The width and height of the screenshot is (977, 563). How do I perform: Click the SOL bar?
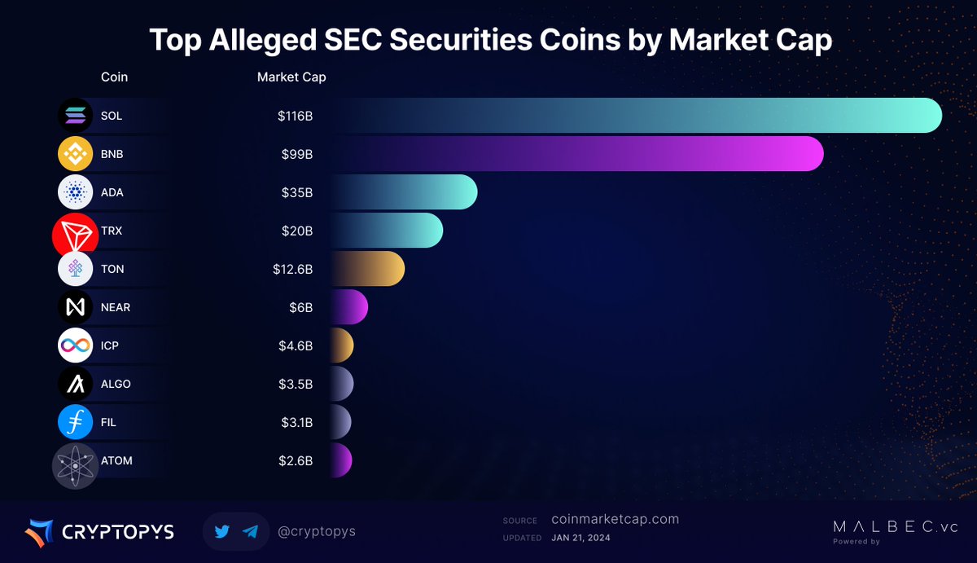(x=635, y=115)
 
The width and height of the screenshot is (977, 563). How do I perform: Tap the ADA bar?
(x=403, y=192)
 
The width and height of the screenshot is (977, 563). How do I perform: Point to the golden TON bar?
(x=367, y=269)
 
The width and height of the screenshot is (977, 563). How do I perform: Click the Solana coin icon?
(x=76, y=115)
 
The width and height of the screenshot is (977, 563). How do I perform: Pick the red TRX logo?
(x=75, y=234)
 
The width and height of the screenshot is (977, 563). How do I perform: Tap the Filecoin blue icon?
(x=76, y=422)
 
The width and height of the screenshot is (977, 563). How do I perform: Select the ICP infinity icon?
(x=76, y=345)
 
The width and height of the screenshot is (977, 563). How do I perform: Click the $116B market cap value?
(x=295, y=116)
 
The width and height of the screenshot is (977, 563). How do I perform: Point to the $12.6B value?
(x=293, y=269)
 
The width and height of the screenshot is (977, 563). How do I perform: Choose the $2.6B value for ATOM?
(x=296, y=460)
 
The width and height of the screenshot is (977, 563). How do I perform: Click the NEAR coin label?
(x=116, y=307)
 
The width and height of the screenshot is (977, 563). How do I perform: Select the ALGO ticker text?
(x=116, y=384)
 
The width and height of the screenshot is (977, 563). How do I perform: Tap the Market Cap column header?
(x=291, y=77)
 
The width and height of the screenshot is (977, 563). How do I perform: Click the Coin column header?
(x=114, y=77)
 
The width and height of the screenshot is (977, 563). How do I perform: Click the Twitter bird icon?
(x=222, y=531)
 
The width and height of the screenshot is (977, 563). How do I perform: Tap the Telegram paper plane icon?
(x=251, y=531)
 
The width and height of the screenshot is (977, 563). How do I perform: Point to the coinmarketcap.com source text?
(x=615, y=519)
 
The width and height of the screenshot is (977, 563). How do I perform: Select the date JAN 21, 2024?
(x=581, y=538)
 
